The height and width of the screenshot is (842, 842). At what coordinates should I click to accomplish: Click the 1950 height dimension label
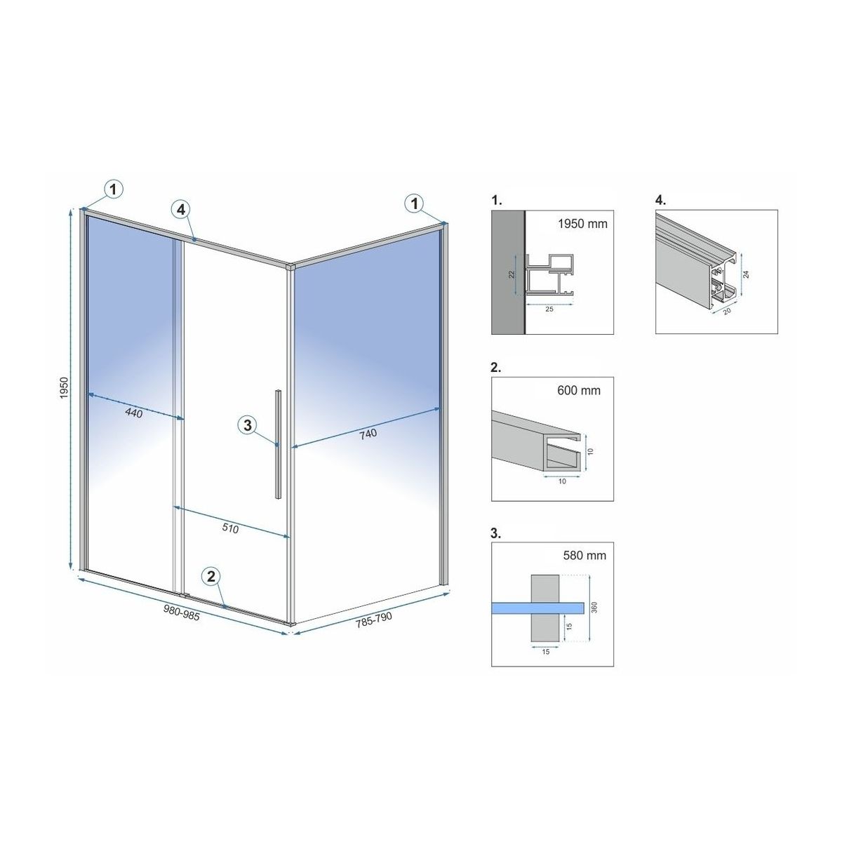pos(64,388)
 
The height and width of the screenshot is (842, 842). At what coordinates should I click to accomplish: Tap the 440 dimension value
pos(134,412)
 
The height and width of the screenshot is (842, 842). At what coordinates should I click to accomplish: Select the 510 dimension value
pos(230,528)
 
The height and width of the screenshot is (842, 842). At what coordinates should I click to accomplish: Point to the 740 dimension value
pos(368,434)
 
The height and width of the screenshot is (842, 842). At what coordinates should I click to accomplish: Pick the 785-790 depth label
pos(373,620)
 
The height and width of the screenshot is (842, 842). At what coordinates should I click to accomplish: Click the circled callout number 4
pos(181,210)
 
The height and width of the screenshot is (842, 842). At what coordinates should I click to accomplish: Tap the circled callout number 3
pos(248,425)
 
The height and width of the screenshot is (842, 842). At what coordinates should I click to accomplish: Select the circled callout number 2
pos(211,577)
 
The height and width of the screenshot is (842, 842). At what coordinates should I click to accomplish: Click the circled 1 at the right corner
pos(415,203)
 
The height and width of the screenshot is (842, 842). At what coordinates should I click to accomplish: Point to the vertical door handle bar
pos(278,443)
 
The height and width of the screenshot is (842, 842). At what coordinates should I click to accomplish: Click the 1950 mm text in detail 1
pos(582,224)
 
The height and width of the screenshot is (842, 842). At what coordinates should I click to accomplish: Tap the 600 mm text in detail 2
pos(578,390)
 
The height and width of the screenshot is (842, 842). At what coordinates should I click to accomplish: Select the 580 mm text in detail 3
pos(584,555)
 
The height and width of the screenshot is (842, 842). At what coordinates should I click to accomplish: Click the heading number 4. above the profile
pos(661,201)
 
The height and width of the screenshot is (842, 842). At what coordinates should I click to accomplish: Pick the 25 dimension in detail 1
pos(549,309)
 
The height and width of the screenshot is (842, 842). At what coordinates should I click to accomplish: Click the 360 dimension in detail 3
pos(594,608)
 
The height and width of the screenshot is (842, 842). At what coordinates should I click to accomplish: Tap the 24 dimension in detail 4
pos(747,274)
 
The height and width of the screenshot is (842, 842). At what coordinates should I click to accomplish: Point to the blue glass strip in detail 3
pos(538,608)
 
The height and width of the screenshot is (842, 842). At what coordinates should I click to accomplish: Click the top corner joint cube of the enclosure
pos(290,266)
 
